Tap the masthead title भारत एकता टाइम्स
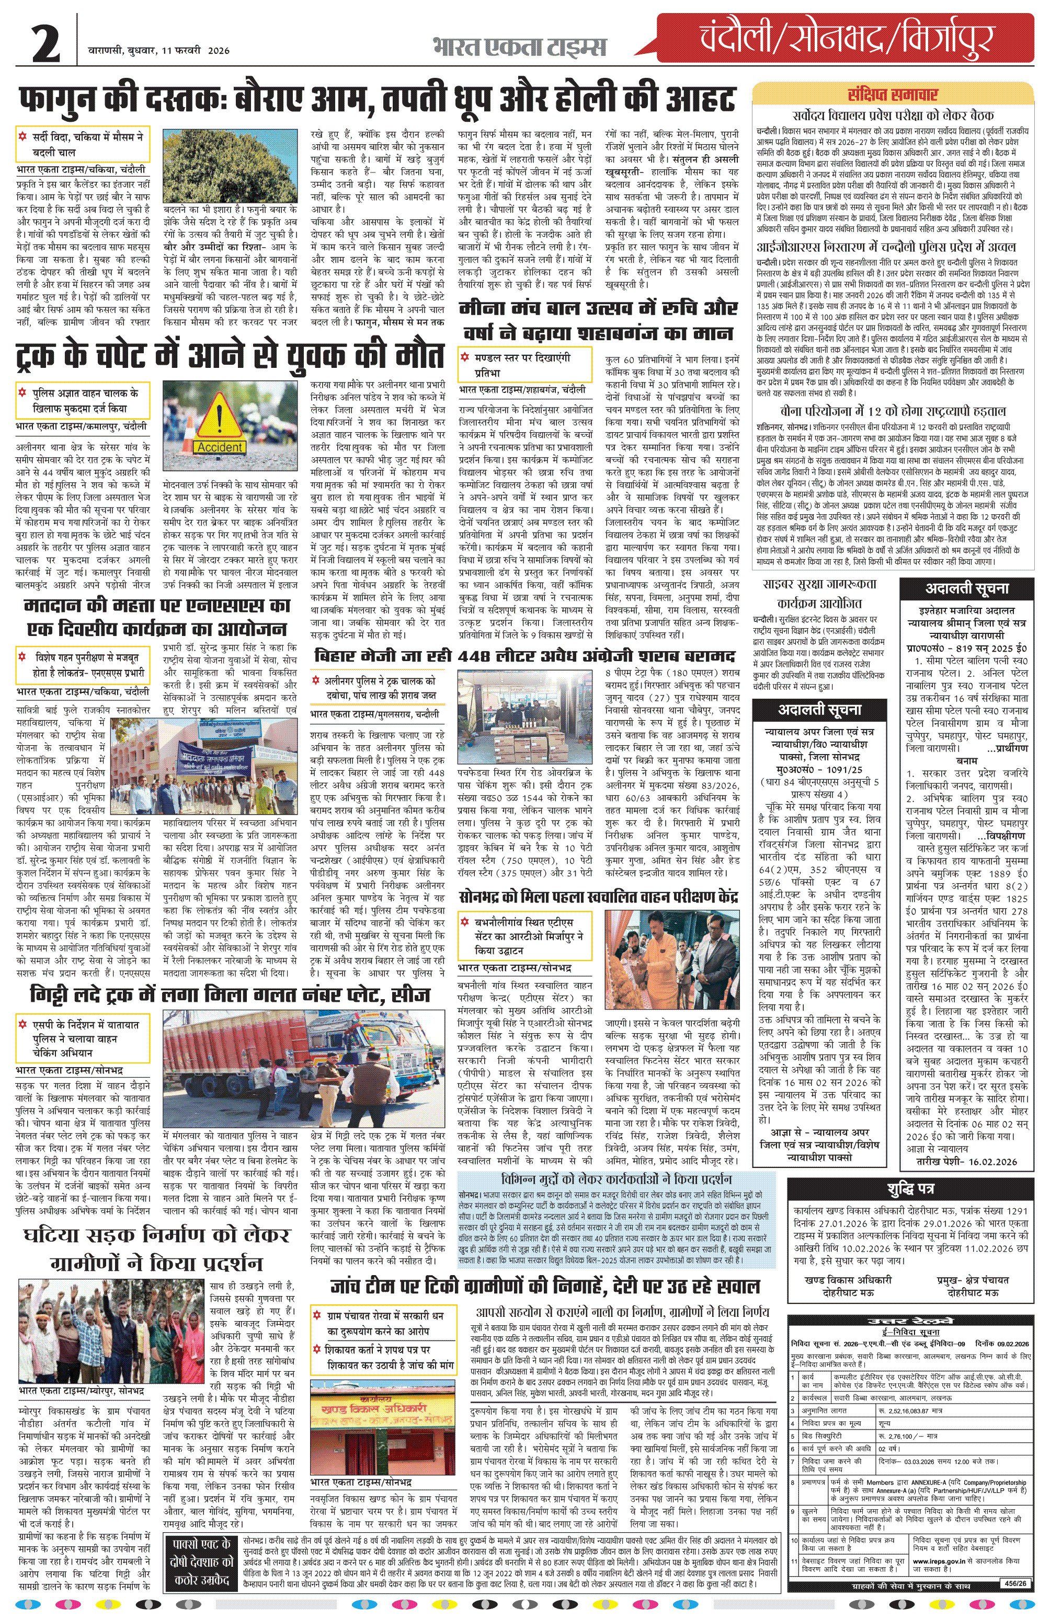[x=519, y=47]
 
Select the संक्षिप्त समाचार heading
[x=892, y=95]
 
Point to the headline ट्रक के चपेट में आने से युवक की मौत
[x=230, y=357]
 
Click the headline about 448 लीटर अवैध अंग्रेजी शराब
[x=524, y=656]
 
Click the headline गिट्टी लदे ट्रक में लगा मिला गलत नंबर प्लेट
[x=230, y=995]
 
